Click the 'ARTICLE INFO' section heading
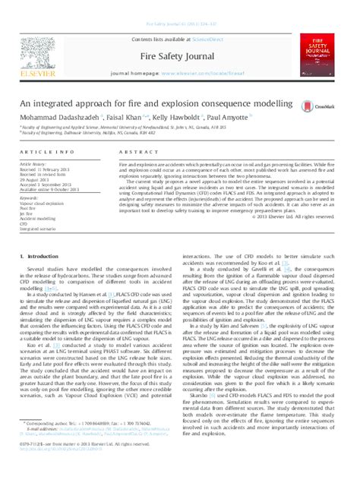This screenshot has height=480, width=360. click(46, 153)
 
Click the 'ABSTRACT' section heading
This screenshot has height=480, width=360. click(132, 153)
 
